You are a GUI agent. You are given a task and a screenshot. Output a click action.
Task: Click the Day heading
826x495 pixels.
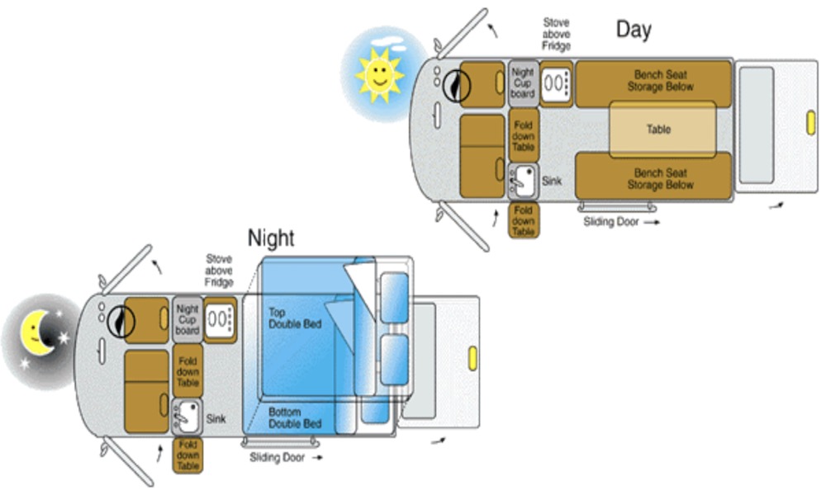pos(634,31)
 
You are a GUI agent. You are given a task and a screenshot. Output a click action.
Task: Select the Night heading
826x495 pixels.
pos(271,238)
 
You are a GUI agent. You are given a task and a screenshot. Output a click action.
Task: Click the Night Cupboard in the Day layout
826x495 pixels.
pos(523,83)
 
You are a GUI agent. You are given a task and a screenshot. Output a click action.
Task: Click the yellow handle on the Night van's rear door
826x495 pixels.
pos(473,357)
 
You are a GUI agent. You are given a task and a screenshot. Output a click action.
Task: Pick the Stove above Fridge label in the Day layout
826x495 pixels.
pos(556,35)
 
